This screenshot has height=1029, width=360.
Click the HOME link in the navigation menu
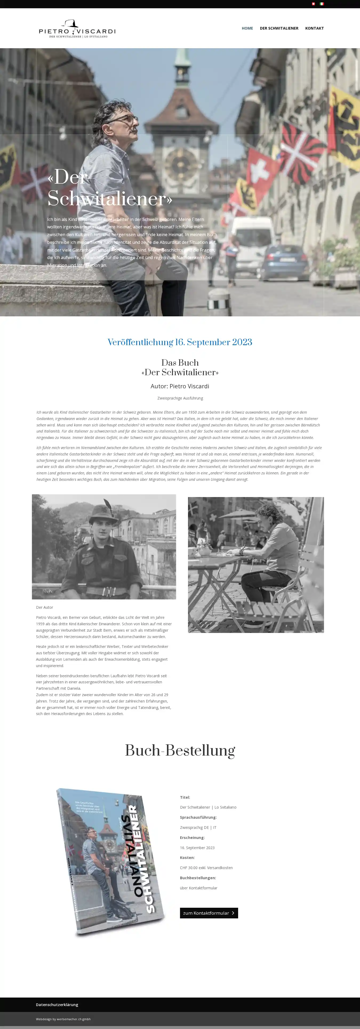click(247, 28)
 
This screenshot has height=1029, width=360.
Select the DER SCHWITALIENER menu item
click(279, 28)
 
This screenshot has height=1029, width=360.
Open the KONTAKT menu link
click(314, 28)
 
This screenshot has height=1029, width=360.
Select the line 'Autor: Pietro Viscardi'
click(180, 386)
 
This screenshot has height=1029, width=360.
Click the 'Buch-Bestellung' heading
click(180, 750)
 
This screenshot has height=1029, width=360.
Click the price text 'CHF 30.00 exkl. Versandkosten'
click(206, 867)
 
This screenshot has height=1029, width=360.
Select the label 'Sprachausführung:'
click(198, 817)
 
